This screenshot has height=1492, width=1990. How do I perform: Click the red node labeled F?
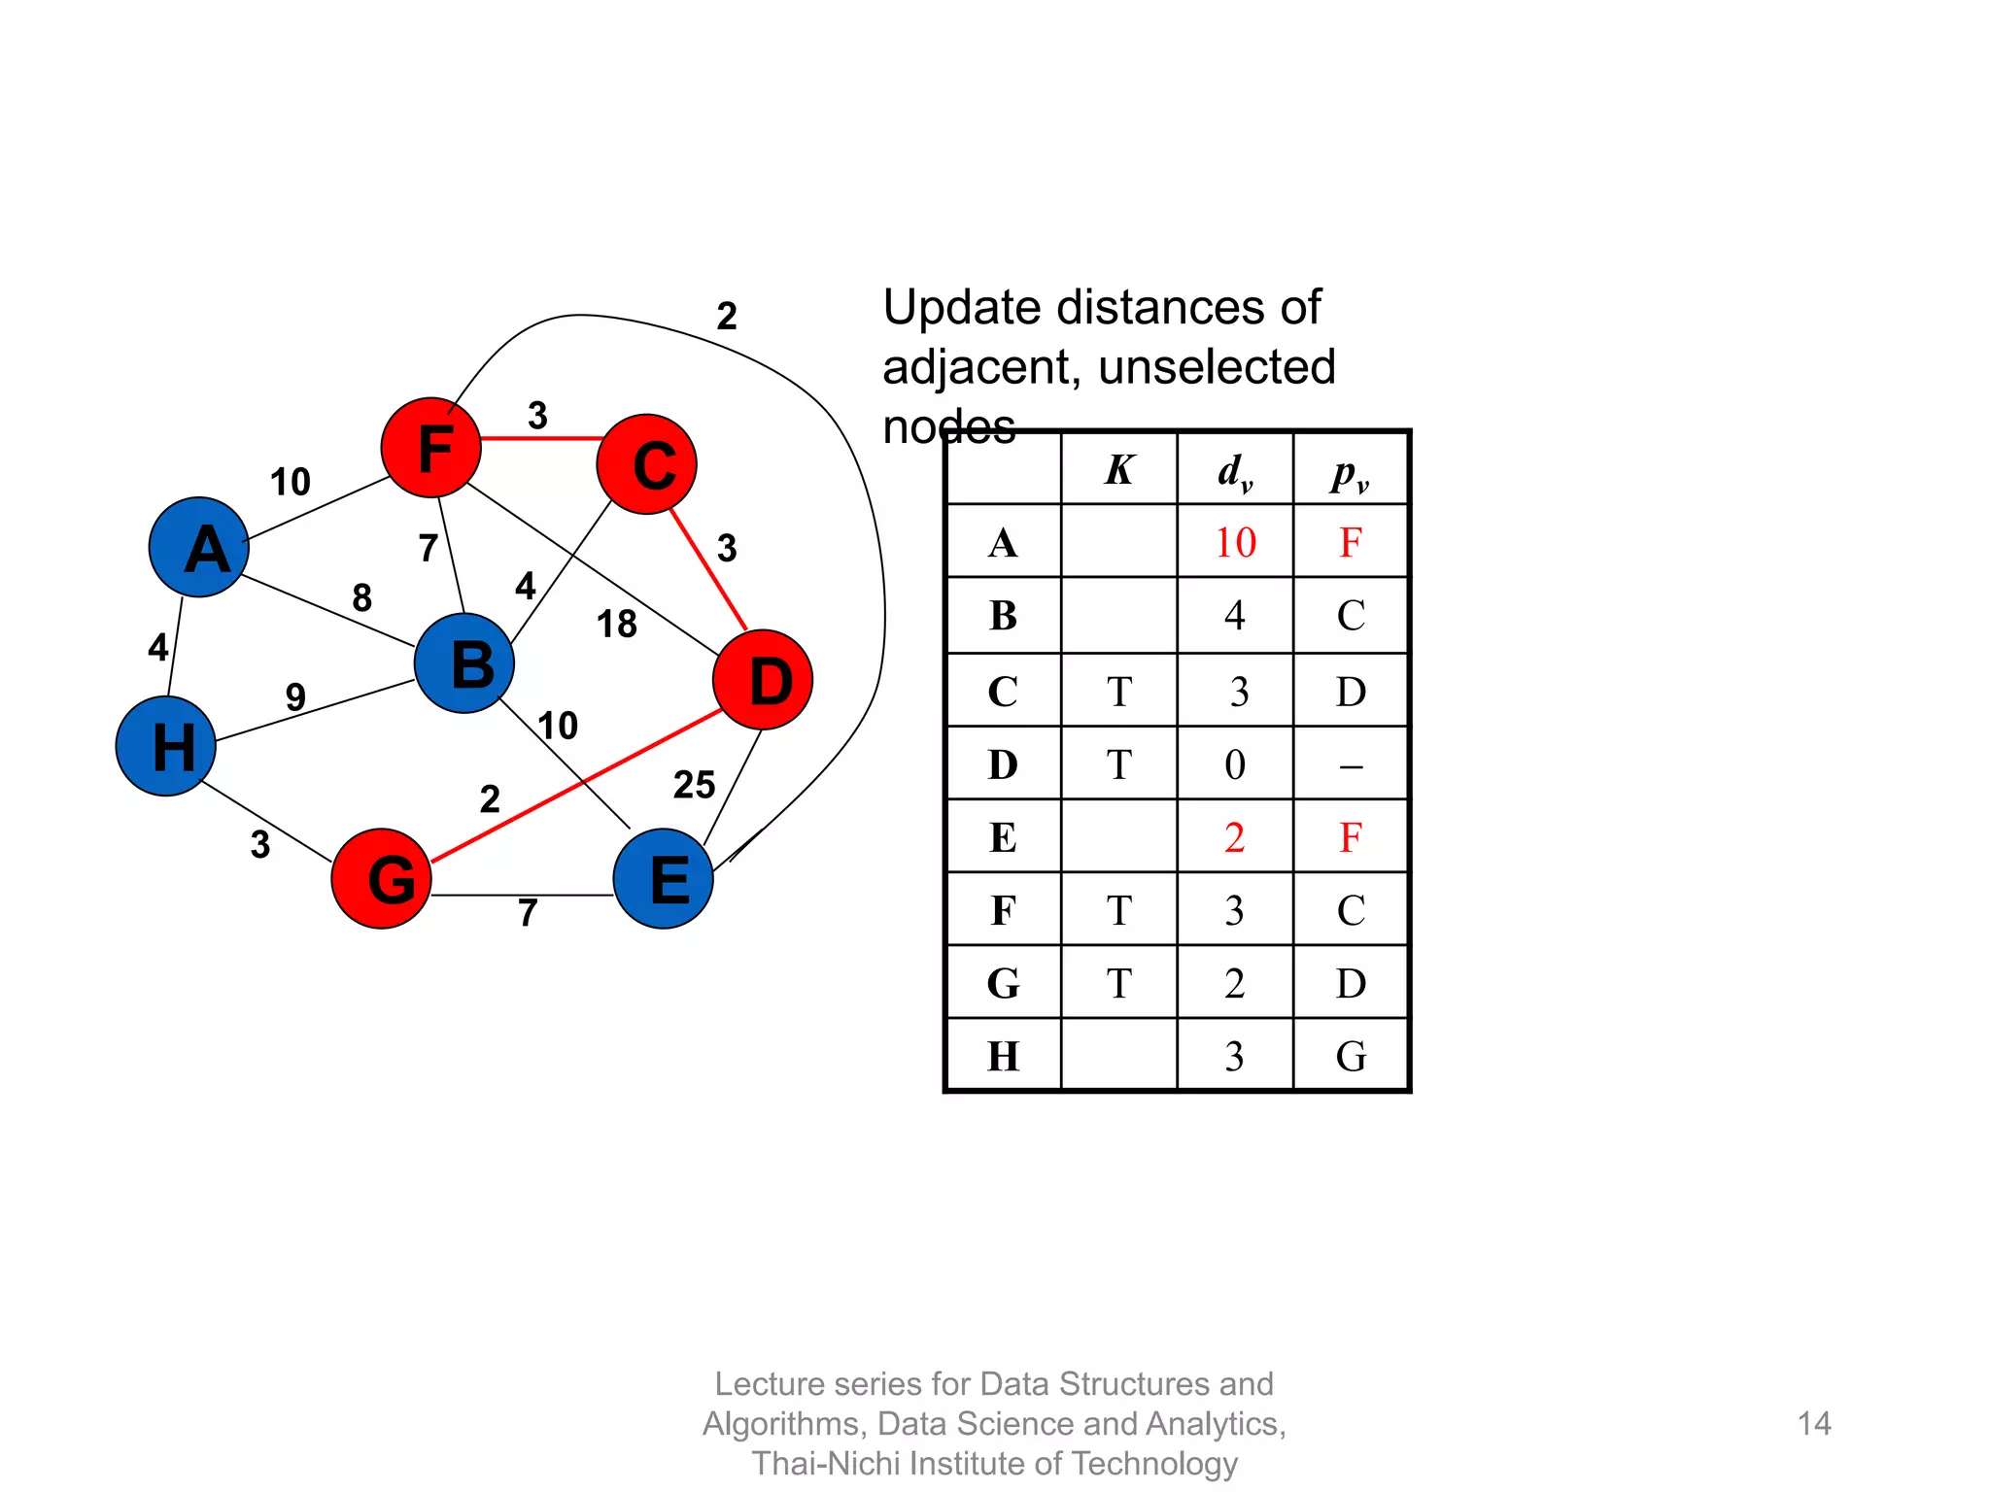click(430, 448)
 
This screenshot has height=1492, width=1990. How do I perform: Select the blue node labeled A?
click(199, 547)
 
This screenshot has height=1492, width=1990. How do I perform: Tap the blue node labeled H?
click(166, 746)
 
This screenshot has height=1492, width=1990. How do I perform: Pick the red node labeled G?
click(382, 878)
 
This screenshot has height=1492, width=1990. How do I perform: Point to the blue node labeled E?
click(664, 878)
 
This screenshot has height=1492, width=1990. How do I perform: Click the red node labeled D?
click(763, 680)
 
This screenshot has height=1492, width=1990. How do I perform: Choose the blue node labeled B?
click(464, 663)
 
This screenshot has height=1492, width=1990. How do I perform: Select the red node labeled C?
click(647, 464)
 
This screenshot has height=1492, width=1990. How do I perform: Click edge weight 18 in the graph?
click(616, 624)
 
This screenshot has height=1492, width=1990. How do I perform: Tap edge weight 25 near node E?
click(694, 785)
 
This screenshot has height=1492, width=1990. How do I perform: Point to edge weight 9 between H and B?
click(295, 695)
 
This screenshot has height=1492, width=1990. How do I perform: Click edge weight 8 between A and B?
click(361, 597)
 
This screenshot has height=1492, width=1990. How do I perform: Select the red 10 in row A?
click(1235, 542)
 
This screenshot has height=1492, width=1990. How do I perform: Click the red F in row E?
click(1350, 836)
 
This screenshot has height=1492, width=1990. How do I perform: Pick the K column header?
click(1118, 470)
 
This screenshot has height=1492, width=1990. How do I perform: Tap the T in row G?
click(1118, 983)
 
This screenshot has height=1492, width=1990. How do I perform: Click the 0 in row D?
click(1235, 764)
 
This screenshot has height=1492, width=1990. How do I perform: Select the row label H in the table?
click(1003, 1056)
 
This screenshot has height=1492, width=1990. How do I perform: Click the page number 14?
click(1813, 1423)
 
